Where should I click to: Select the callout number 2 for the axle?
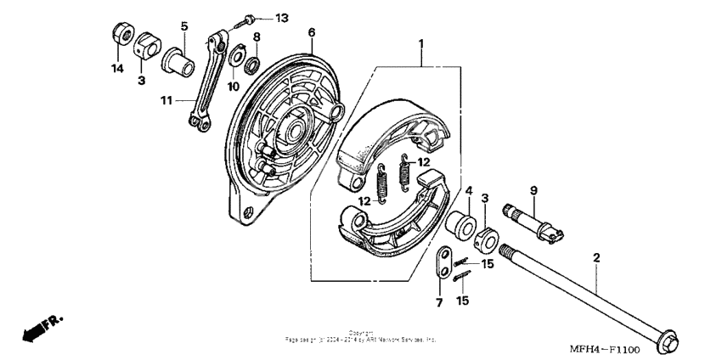point(596,256)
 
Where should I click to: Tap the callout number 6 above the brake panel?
point(312,33)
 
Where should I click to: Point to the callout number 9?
point(533,189)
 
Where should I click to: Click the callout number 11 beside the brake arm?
point(166,100)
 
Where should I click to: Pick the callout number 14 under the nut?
point(116,67)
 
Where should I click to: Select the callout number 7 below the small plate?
point(439,303)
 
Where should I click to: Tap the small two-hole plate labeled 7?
point(440,264)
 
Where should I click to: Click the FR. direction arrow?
point(42,327)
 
